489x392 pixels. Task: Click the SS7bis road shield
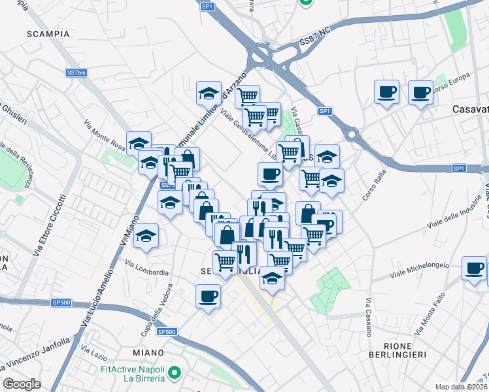click(x=76, y=73)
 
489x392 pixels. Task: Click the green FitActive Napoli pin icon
click(x=174, y=374)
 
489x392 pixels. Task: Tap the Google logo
click(x=22, y=384)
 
